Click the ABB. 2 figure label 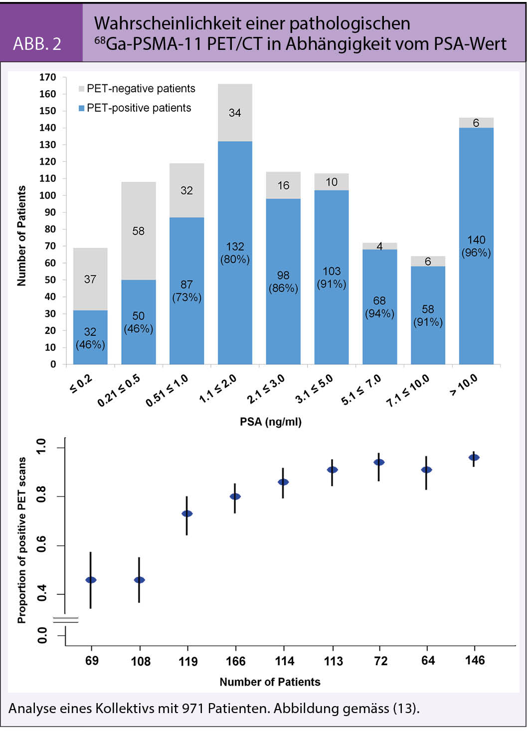click(37, 44)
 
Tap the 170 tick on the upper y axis click(48, 77)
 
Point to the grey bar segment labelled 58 click(139, 231)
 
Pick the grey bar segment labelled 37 click(90, 279)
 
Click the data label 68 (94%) click(379, 307)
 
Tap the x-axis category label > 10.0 click(464, 385)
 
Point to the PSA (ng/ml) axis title click(271, 422)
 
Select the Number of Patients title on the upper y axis click(21, 236)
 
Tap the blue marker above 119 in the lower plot click(187, 513)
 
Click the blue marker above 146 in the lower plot click(474, 457)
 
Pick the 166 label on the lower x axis click(235, 661)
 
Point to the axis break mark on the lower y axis click(66, 620)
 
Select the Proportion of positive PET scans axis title click(21, 540)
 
